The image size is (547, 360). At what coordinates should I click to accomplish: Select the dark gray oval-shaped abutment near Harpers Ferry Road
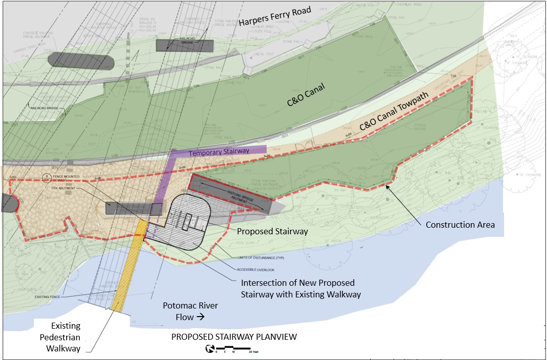coord(81,60)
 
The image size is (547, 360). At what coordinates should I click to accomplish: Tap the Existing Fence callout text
coord(48,297)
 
